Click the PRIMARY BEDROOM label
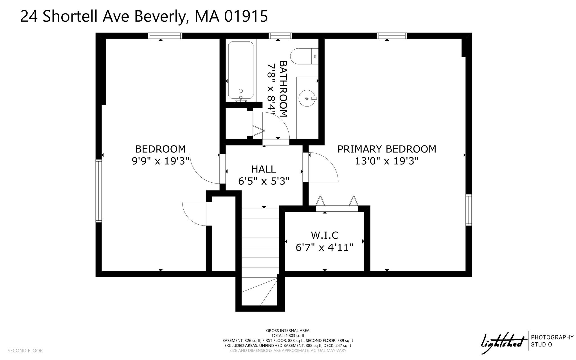[x=387, y=149]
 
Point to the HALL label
[x=264, y=169]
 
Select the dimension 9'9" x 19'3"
[x=160, y=161]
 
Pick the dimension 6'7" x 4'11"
[x=325, y=247]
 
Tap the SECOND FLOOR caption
[x=25, y=351]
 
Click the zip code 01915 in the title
[x=246, y=16]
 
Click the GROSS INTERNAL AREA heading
[x=288, y=331]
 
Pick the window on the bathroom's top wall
[x=280, y=36]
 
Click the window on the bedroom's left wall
[x=98, y=191]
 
